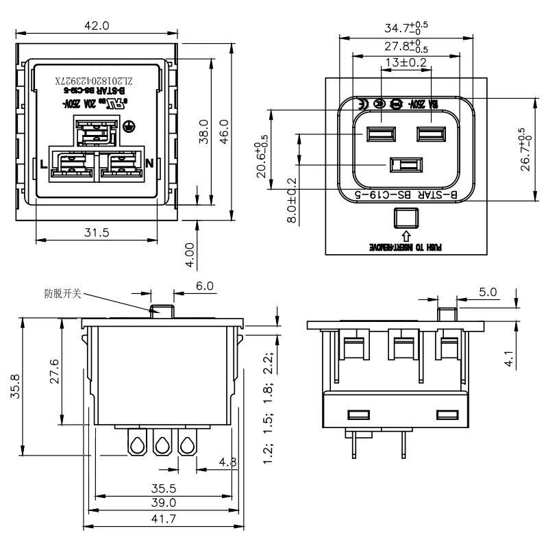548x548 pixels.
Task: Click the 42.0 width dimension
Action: point(96,26)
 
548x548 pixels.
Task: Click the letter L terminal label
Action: point(43,164)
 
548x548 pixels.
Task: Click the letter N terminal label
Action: point(149,164)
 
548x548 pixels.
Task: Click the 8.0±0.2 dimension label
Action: point(292,201)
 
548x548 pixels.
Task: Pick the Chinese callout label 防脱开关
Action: point(63,293)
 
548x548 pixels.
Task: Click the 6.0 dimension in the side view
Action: point(204,286)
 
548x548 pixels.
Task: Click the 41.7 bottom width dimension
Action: point(164,519)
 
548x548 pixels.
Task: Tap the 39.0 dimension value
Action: point(164,503)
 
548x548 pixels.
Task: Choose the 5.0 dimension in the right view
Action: point(487,292)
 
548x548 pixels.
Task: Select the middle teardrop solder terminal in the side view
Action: point(162,446)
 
